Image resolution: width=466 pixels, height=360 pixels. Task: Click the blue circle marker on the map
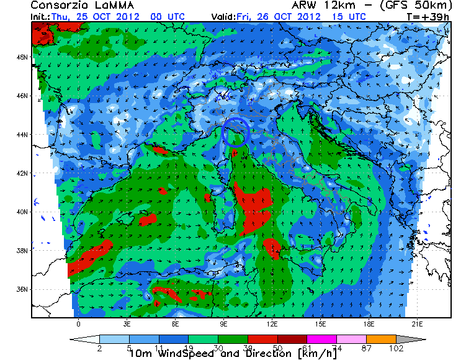point(236,132)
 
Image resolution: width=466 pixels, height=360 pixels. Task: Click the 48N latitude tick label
point(22,57)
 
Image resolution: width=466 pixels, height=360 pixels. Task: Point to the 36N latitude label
point(22,289)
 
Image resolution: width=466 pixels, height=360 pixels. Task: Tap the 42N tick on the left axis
point(22,173)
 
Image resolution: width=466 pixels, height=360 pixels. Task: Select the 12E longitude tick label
point(272,323)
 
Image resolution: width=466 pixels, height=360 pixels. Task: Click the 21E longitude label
point(417,323)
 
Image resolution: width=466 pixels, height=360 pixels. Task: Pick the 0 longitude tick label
point(78,323)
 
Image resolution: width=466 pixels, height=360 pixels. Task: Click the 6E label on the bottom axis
point(175,323)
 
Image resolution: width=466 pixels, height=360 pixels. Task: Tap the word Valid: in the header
point(223,16)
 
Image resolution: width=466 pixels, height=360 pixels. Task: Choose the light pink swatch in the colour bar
point(362,340)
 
